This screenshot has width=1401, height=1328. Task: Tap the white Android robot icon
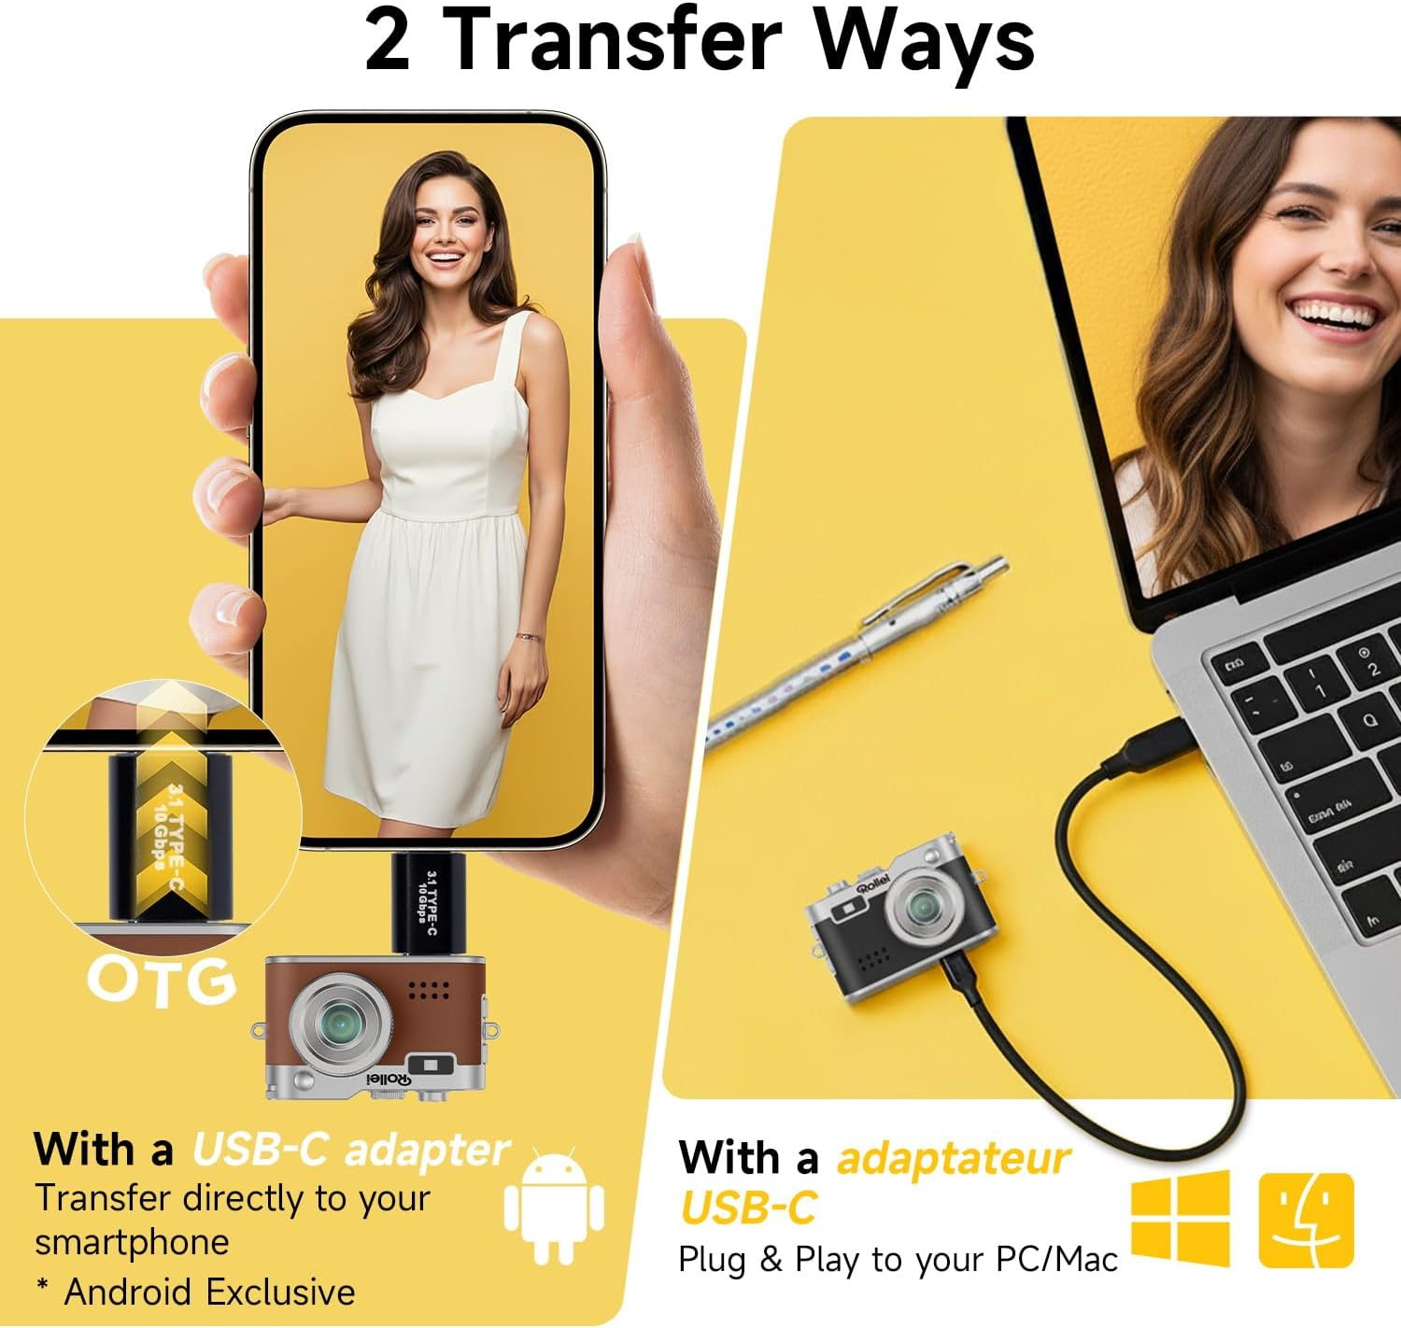pyautogui.click(x=554, y=1206)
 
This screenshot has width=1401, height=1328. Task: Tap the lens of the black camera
pyautogui.click(x=925, y=908)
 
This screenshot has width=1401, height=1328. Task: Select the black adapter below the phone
pyautogui.click(x=428, y=903)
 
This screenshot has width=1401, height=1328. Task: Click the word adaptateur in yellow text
pyautogui.click(x=954, y=1158)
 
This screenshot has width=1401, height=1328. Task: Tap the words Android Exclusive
pyautogui.click(x=209, y=1292)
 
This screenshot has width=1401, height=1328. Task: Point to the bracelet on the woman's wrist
pyautogui.click(x=529, y=636)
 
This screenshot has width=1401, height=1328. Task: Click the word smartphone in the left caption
pyautogui.click(x=133, y=1242)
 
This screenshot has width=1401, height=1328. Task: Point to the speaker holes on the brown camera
pyautogui.click(x=429, y=990)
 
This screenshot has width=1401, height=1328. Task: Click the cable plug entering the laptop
pyautogui.click(x=1156, y=748)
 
